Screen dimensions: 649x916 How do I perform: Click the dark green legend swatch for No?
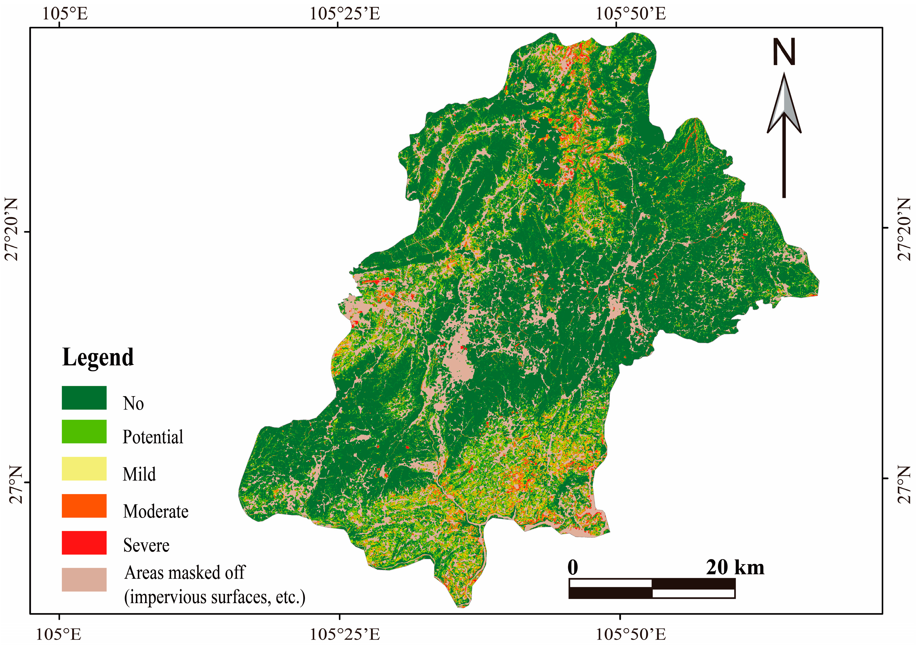point(84,398)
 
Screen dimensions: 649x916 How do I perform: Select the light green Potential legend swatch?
point(84,431)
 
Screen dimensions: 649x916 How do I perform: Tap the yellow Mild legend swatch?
point(84,468)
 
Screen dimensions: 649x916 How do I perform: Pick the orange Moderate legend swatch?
point(84,506)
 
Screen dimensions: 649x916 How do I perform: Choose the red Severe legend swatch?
point(84,542)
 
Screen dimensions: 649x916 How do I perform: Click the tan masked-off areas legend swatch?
point(84,579)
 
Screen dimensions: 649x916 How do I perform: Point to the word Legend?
point(98,357)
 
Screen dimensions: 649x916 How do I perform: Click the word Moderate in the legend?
point(156,511)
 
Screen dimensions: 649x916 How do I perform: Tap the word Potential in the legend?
point(153,437)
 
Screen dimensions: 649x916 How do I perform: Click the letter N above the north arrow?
point(784,52)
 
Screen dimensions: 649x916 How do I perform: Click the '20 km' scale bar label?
point(735,567)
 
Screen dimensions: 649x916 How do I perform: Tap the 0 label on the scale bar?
point(573,567)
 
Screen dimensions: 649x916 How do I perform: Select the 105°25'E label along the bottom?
point(345,635)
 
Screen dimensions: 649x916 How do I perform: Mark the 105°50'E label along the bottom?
point(631,635)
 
